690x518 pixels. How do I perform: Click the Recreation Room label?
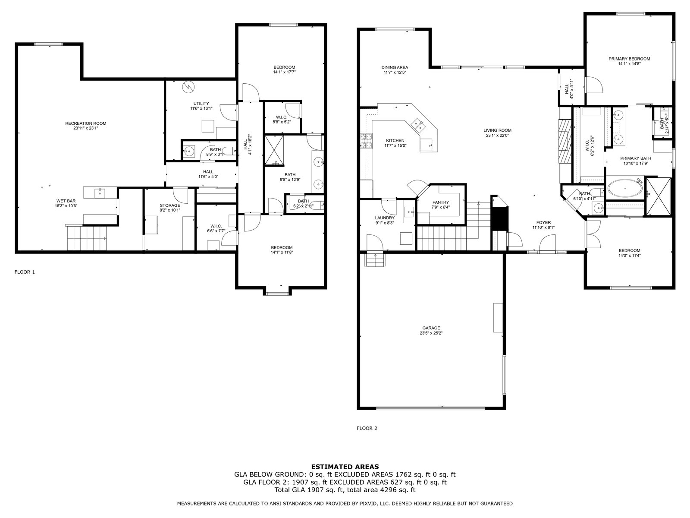coord(85,123)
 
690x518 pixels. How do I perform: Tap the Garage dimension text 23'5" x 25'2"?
coord(431,333)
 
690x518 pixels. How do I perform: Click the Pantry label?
coord(441,202)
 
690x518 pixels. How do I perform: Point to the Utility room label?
coord(201,104)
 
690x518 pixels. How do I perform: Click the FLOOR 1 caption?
coord(25,272)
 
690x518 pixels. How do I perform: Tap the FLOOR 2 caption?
coord(367,428)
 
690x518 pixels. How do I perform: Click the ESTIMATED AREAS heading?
coord(345,467)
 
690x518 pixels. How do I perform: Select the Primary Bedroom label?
coord(629,59)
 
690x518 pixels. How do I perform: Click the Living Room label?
coord(497,130)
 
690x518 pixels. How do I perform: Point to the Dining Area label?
coord(395,67)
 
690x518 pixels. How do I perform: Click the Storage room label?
coord(170,205)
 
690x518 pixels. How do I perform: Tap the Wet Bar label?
coord(66,201)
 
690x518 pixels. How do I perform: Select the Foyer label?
coord(543,223)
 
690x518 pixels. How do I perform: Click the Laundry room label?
coord(385,218)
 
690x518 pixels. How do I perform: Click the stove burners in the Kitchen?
coord(366,141)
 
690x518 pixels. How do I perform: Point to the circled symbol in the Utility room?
coord(188,87)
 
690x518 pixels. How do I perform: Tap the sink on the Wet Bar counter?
coord(100,192)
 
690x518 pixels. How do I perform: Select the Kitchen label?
coord(395,141)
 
